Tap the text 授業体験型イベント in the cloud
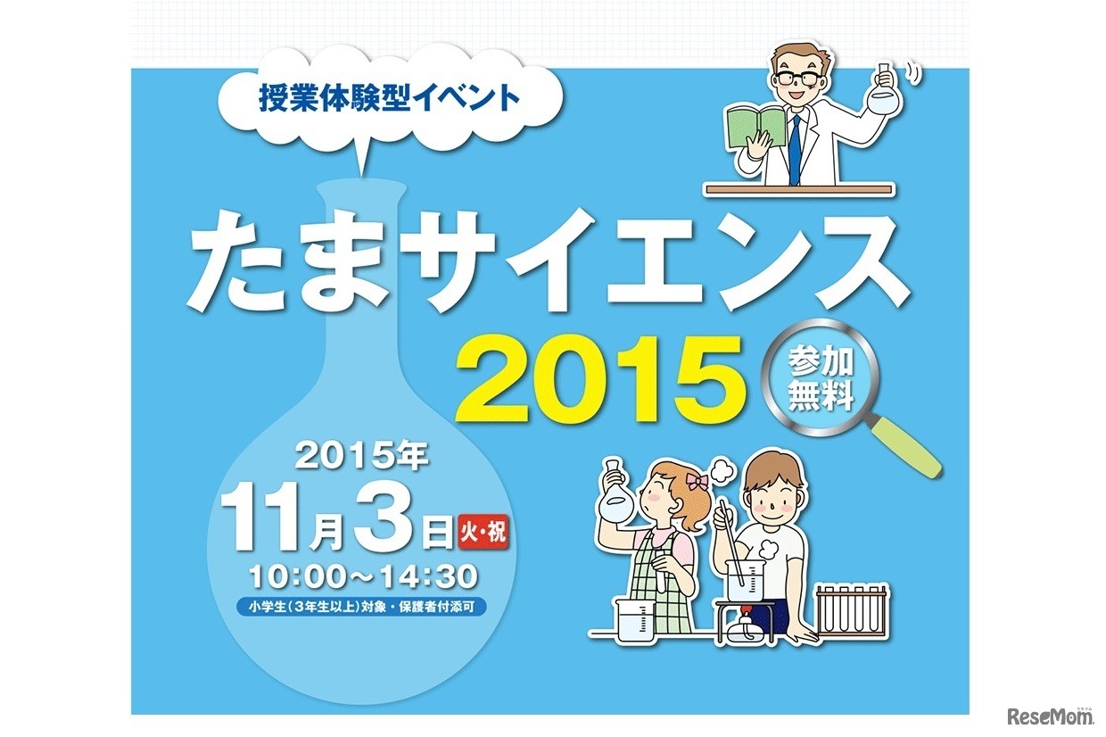(387, 97)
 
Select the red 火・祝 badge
(483, 533)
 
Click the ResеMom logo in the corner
(1049, 715)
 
